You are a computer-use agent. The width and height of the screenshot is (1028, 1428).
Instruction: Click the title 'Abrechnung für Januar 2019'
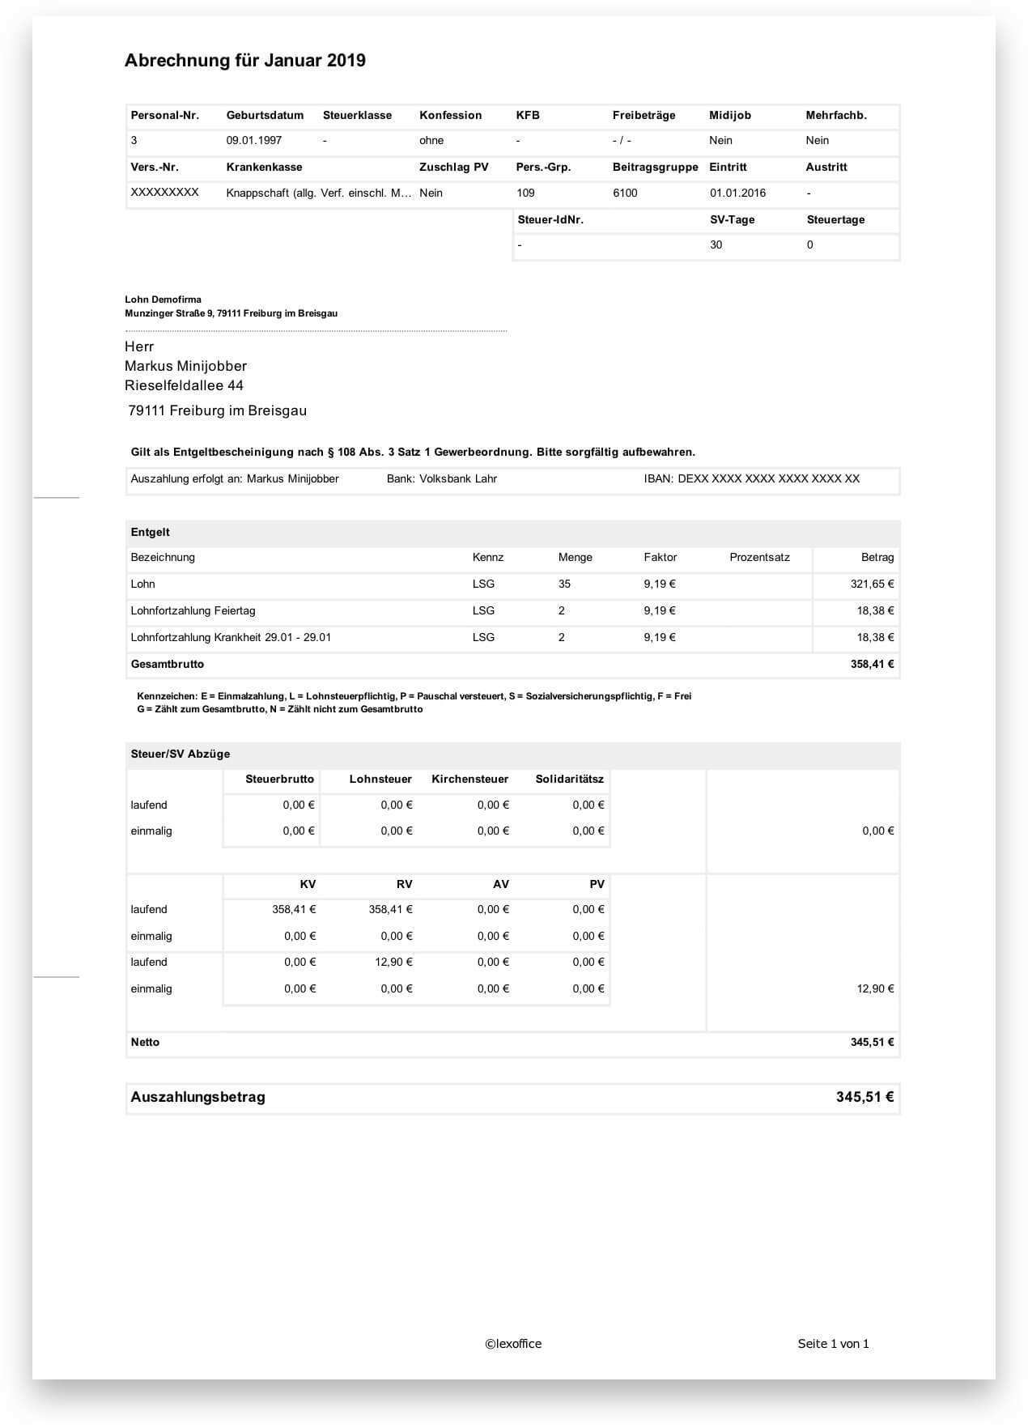[244, 61]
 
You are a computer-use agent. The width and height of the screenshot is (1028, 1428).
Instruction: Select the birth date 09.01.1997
[254, 140]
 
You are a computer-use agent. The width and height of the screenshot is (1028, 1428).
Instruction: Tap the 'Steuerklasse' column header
[357, 115]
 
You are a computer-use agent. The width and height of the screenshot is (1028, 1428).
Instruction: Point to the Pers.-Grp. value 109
[525, 193]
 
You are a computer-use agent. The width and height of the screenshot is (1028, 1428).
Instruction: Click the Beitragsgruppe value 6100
[625, 193]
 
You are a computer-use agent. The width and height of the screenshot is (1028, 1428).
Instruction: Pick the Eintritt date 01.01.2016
[737, 193]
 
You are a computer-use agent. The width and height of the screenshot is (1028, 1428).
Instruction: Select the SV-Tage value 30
[716, 244]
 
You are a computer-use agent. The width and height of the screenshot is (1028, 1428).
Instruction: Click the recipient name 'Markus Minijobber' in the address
[185, 366]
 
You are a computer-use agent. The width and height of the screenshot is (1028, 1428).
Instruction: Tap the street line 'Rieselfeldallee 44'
[184, 385]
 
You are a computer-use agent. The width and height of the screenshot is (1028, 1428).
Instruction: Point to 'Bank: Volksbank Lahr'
[442, 478]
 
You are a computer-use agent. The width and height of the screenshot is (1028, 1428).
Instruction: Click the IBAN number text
[752, 478]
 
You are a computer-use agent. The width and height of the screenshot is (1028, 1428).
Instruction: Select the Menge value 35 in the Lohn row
[564, 584]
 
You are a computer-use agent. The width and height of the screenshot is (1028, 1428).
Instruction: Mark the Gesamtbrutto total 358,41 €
[872, 664]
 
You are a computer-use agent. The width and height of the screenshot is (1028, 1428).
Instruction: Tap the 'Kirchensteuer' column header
[469, 779]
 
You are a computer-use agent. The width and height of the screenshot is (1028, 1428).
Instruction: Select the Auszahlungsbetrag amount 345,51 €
[864, 1097]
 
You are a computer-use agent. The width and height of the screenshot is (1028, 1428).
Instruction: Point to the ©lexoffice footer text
[513, 1344]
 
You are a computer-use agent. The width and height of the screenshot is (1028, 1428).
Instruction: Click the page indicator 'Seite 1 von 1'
[833, 1344]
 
